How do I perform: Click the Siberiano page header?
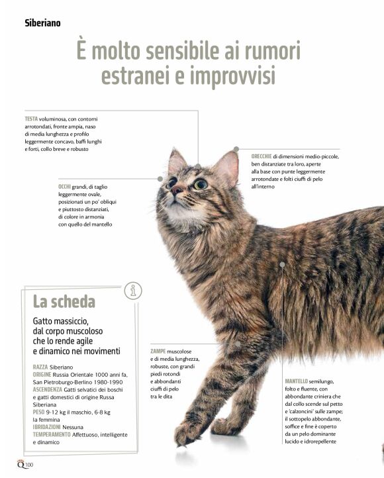pos(42,23)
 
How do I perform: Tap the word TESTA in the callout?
pos(31,119)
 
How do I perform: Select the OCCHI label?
pos(64,187)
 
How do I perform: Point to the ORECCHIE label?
pos(261,156)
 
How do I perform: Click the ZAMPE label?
pos(158,351)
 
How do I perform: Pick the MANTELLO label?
pos(296,381)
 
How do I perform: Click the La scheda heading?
pos(64,301)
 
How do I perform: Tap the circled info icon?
pos(133,291)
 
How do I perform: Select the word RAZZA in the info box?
pos(40,367)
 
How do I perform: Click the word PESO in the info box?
pos(38,412)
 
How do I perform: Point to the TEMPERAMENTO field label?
pos(52,434)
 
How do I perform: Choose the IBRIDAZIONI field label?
pos(46,427)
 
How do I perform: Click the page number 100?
pos(29,465)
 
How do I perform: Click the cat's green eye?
pos(201,184)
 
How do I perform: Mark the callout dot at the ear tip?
pos(236,149)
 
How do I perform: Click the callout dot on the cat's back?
pos(282,265)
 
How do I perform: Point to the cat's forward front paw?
pos(186,433)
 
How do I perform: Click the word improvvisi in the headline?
pos(233,75)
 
